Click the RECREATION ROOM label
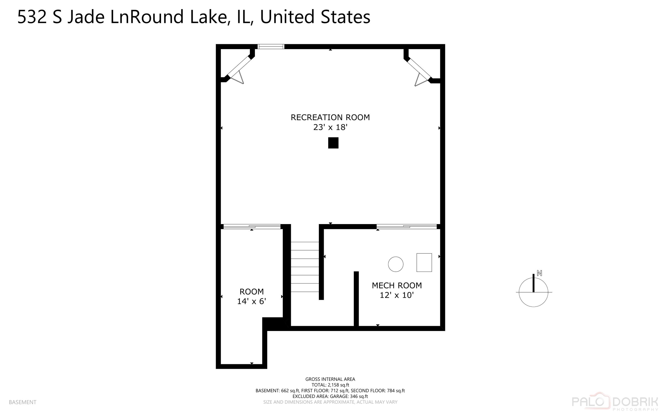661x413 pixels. click(x=330, y=117)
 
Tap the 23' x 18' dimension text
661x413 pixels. click(x=330, y=127)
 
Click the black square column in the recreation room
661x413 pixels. click(x=333, y=143)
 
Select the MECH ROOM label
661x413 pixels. click(x=397, y=285)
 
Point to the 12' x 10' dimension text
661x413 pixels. click(x=397, y=295)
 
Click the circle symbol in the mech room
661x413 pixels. click(x=395, y=264)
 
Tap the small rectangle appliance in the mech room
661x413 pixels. click(x=424, y=263)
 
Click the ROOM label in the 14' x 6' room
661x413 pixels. click(x=251, y=292)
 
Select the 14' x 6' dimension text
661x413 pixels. click(x=251, y=301)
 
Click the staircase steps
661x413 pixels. click(x=305, y=267)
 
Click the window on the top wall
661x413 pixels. click(x=271, y=46)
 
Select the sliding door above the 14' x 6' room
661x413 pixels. click(x=252, y=227)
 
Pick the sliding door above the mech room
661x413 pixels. click(x=406, y=227)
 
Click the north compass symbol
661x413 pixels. click(x=534, y=291)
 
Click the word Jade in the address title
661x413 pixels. click(x=86, y=17)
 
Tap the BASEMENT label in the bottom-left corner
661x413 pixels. click(x=23, y=402)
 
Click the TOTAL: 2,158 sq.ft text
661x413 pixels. click(x=330, y=385)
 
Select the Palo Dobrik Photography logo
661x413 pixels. click(x=615, y=402)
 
